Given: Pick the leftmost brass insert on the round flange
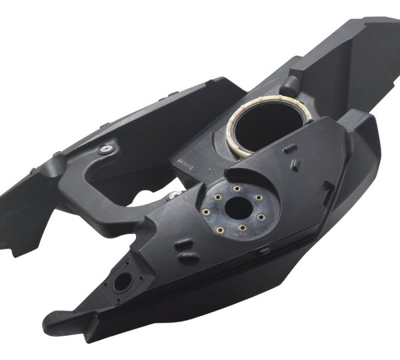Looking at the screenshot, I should (x=207, y=213).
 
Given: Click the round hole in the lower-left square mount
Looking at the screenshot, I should (x=122, y=282).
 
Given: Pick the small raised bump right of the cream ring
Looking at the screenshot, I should (x=291, y=149).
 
